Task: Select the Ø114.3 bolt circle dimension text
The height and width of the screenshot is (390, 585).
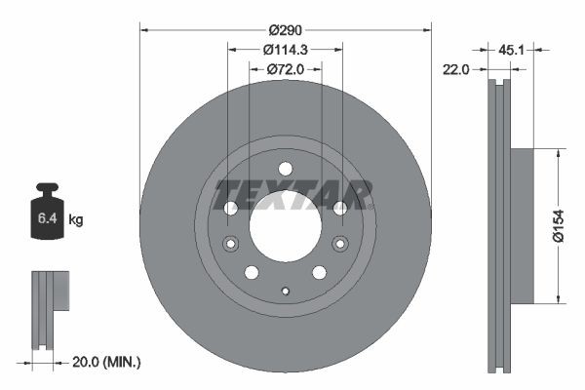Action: [285, 49]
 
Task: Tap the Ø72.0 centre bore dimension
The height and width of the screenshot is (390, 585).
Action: [285, 69]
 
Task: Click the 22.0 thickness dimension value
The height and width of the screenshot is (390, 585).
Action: [457, 69]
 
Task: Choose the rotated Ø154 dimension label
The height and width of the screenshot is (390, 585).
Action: [570, 226]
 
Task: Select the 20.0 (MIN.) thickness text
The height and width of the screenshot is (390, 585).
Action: [107, 362]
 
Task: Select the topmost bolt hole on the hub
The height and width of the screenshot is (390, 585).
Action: [285, 168]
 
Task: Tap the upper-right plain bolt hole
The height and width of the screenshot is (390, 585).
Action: [339, 208]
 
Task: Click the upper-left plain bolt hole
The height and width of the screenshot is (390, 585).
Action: [231, 208]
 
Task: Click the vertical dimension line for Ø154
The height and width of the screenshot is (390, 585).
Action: [558, 226]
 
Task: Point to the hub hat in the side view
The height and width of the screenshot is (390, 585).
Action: [522, 226]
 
